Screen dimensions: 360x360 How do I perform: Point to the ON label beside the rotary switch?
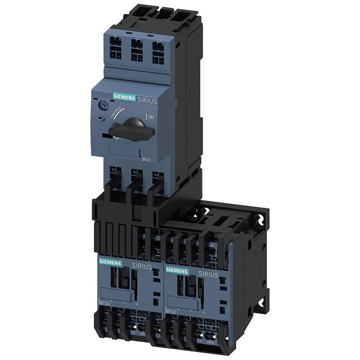pos(150,116)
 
